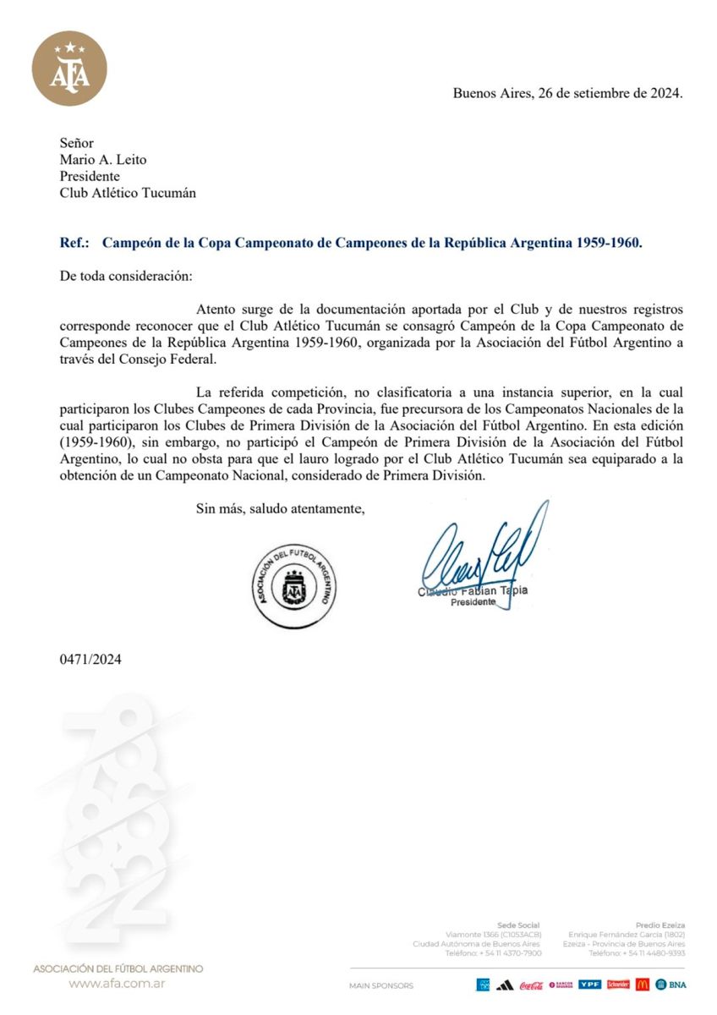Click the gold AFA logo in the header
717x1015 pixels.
point(69,69)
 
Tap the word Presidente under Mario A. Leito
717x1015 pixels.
point(90,176)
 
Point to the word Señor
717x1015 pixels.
point(77,144)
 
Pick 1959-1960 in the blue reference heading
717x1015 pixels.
point(608,242)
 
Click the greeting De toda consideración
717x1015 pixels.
point(126,276)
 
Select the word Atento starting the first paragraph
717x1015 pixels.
point(216,310)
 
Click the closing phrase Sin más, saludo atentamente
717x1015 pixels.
point(280,508)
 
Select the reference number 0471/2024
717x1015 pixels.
point(90,659)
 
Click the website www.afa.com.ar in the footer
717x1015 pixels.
point(117,984)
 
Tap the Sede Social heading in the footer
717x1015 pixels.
point(518,925)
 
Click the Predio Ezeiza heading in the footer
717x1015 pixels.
point(660,925)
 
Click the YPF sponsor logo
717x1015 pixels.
point(589,985)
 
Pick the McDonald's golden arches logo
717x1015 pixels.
point(643,985)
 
